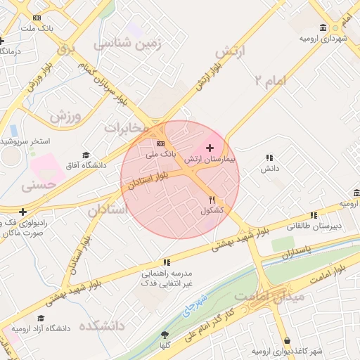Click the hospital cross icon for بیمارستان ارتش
(x=210, y=148)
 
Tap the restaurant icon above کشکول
(x=212, y=200)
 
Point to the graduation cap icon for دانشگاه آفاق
(x=86, y=155)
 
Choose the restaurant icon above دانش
(x=269, y=158)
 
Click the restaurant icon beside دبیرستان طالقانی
(x=313, y=216)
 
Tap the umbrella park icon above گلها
(x=165, y=335)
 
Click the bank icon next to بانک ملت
(x=37, y=18)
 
